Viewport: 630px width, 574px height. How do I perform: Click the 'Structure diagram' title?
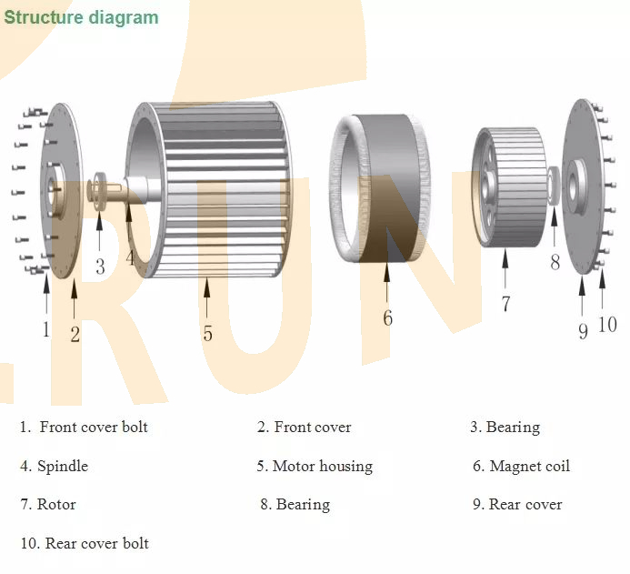[81, 17]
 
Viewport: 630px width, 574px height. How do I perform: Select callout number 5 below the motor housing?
[207, 334]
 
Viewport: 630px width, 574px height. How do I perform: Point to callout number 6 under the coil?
[387, 317]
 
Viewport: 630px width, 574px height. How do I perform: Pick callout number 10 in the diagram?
[606, 323]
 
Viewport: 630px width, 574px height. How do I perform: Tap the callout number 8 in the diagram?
[555, 262]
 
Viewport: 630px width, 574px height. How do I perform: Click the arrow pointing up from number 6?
[386, 282]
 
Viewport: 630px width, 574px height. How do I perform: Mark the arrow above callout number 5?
[207, 300]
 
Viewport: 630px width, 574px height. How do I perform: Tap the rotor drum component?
[509, 186]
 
